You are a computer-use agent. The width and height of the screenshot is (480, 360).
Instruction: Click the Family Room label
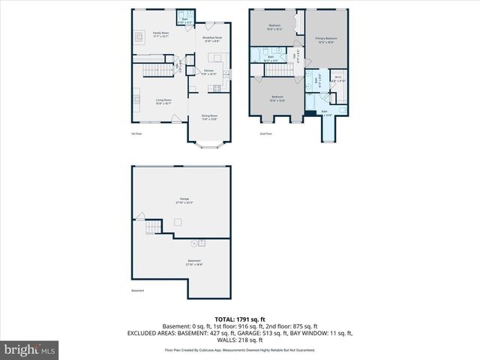pos(161,34)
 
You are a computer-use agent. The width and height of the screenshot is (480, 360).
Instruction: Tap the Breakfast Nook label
pos(211,38)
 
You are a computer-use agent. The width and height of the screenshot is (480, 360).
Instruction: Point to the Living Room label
pos(163,101)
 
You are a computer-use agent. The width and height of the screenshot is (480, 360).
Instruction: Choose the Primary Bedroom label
pos(325,40)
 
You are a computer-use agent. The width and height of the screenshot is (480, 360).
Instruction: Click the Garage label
pos(184,202)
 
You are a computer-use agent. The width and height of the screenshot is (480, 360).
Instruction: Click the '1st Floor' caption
pos(137,134)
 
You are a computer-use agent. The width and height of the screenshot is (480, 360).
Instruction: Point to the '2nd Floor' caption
pos(266,134)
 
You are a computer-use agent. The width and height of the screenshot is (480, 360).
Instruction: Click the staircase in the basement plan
pos(153,227)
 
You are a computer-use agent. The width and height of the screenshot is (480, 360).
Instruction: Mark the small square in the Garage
pos(177,221)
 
